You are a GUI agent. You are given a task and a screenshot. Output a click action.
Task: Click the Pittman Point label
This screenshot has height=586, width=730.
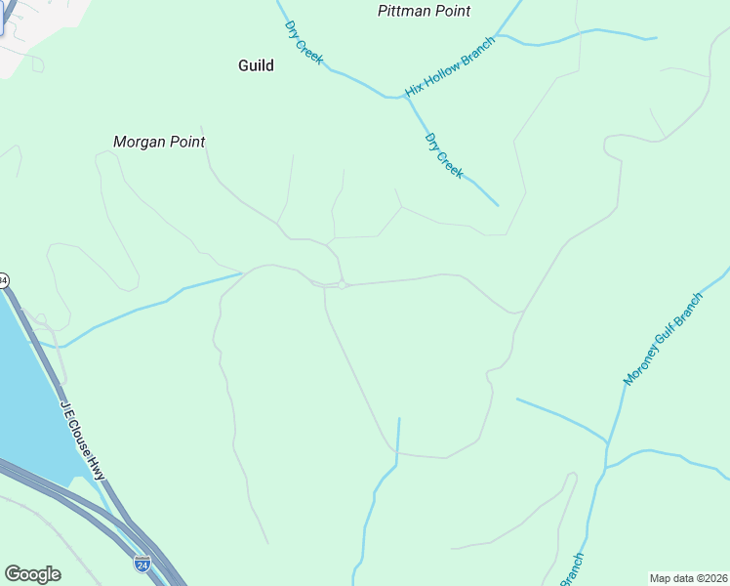[x=424, y=12]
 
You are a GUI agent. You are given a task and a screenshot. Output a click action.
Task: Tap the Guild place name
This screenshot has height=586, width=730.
[x=256, y=65]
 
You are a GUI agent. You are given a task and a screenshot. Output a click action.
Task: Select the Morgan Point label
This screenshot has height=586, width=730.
[x=159, y=142]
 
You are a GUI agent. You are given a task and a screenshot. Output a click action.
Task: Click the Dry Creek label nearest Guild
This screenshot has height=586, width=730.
[x=304, y=43]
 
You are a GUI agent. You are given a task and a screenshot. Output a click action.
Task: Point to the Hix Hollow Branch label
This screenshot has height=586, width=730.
[x=450, y=66]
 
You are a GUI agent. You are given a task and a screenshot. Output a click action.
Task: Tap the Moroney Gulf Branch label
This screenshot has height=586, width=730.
[x=663, y=338]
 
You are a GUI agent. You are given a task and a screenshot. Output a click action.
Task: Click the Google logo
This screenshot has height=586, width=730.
[x=32, y=574]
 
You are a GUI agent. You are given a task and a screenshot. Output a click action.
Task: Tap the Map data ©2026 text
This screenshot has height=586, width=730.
[x=688, y=578]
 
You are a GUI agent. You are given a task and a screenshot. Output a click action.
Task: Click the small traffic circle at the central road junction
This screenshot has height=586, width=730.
[x=344, y=284]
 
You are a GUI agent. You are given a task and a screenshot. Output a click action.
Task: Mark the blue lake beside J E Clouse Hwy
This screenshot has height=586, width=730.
[x=29, y=391]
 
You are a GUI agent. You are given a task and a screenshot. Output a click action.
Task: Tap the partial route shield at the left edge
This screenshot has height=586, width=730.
[x=3, y=280]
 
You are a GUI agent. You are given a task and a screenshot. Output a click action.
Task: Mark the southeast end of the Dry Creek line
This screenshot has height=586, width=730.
[x=498, y=205]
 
